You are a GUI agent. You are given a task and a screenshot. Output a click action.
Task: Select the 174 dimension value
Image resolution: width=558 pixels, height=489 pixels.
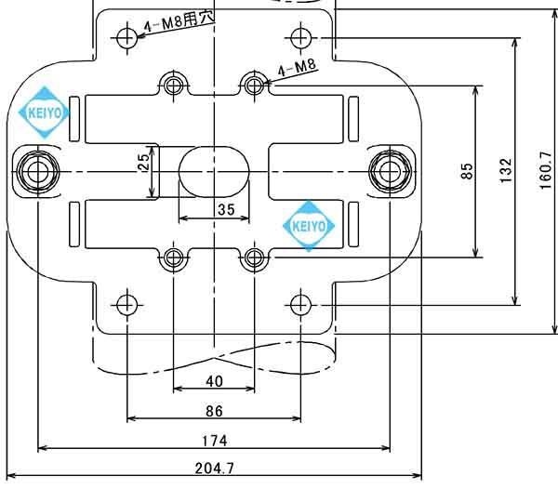click(214, 440)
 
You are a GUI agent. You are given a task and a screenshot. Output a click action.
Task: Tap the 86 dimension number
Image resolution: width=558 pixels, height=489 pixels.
click(214, 410)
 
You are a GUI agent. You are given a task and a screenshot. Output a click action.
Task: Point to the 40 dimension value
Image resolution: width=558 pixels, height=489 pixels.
click(214, 381)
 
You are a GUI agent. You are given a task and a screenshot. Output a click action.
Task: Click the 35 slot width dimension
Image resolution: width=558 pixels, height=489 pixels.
click(225, 209)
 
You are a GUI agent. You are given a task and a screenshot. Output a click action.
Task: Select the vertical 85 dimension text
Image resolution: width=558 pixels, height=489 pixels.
click(468, 171)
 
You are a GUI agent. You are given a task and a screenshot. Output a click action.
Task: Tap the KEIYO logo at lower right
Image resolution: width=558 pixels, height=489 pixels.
click(309, 226)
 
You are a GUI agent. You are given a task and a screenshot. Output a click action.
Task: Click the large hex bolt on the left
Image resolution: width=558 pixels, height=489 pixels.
click(37, 170)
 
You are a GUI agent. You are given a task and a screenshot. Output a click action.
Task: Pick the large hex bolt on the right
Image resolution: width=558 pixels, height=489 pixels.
click(389, 170)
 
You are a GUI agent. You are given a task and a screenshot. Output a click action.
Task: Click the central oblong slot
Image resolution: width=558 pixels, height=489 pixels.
click(214, 170)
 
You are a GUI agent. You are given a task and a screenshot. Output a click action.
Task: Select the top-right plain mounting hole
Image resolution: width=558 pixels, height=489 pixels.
click(299, 37)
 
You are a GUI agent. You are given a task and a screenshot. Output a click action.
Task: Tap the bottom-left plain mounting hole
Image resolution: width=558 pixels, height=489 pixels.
click(126, 303)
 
